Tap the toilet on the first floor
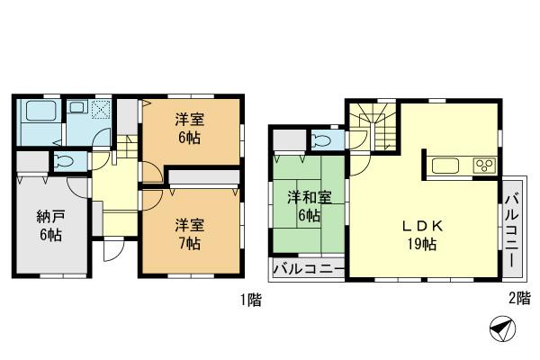tap(61, 162)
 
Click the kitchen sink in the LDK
tap(445, 166)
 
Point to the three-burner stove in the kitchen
tap(484, 166)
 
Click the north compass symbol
tap(500, 330)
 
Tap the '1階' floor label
tap(251, 301)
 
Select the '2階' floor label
tap(518, 301)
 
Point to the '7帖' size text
tap(189, 244)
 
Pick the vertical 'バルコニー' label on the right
tap(511, 229)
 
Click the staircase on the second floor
tap(375, 127)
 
